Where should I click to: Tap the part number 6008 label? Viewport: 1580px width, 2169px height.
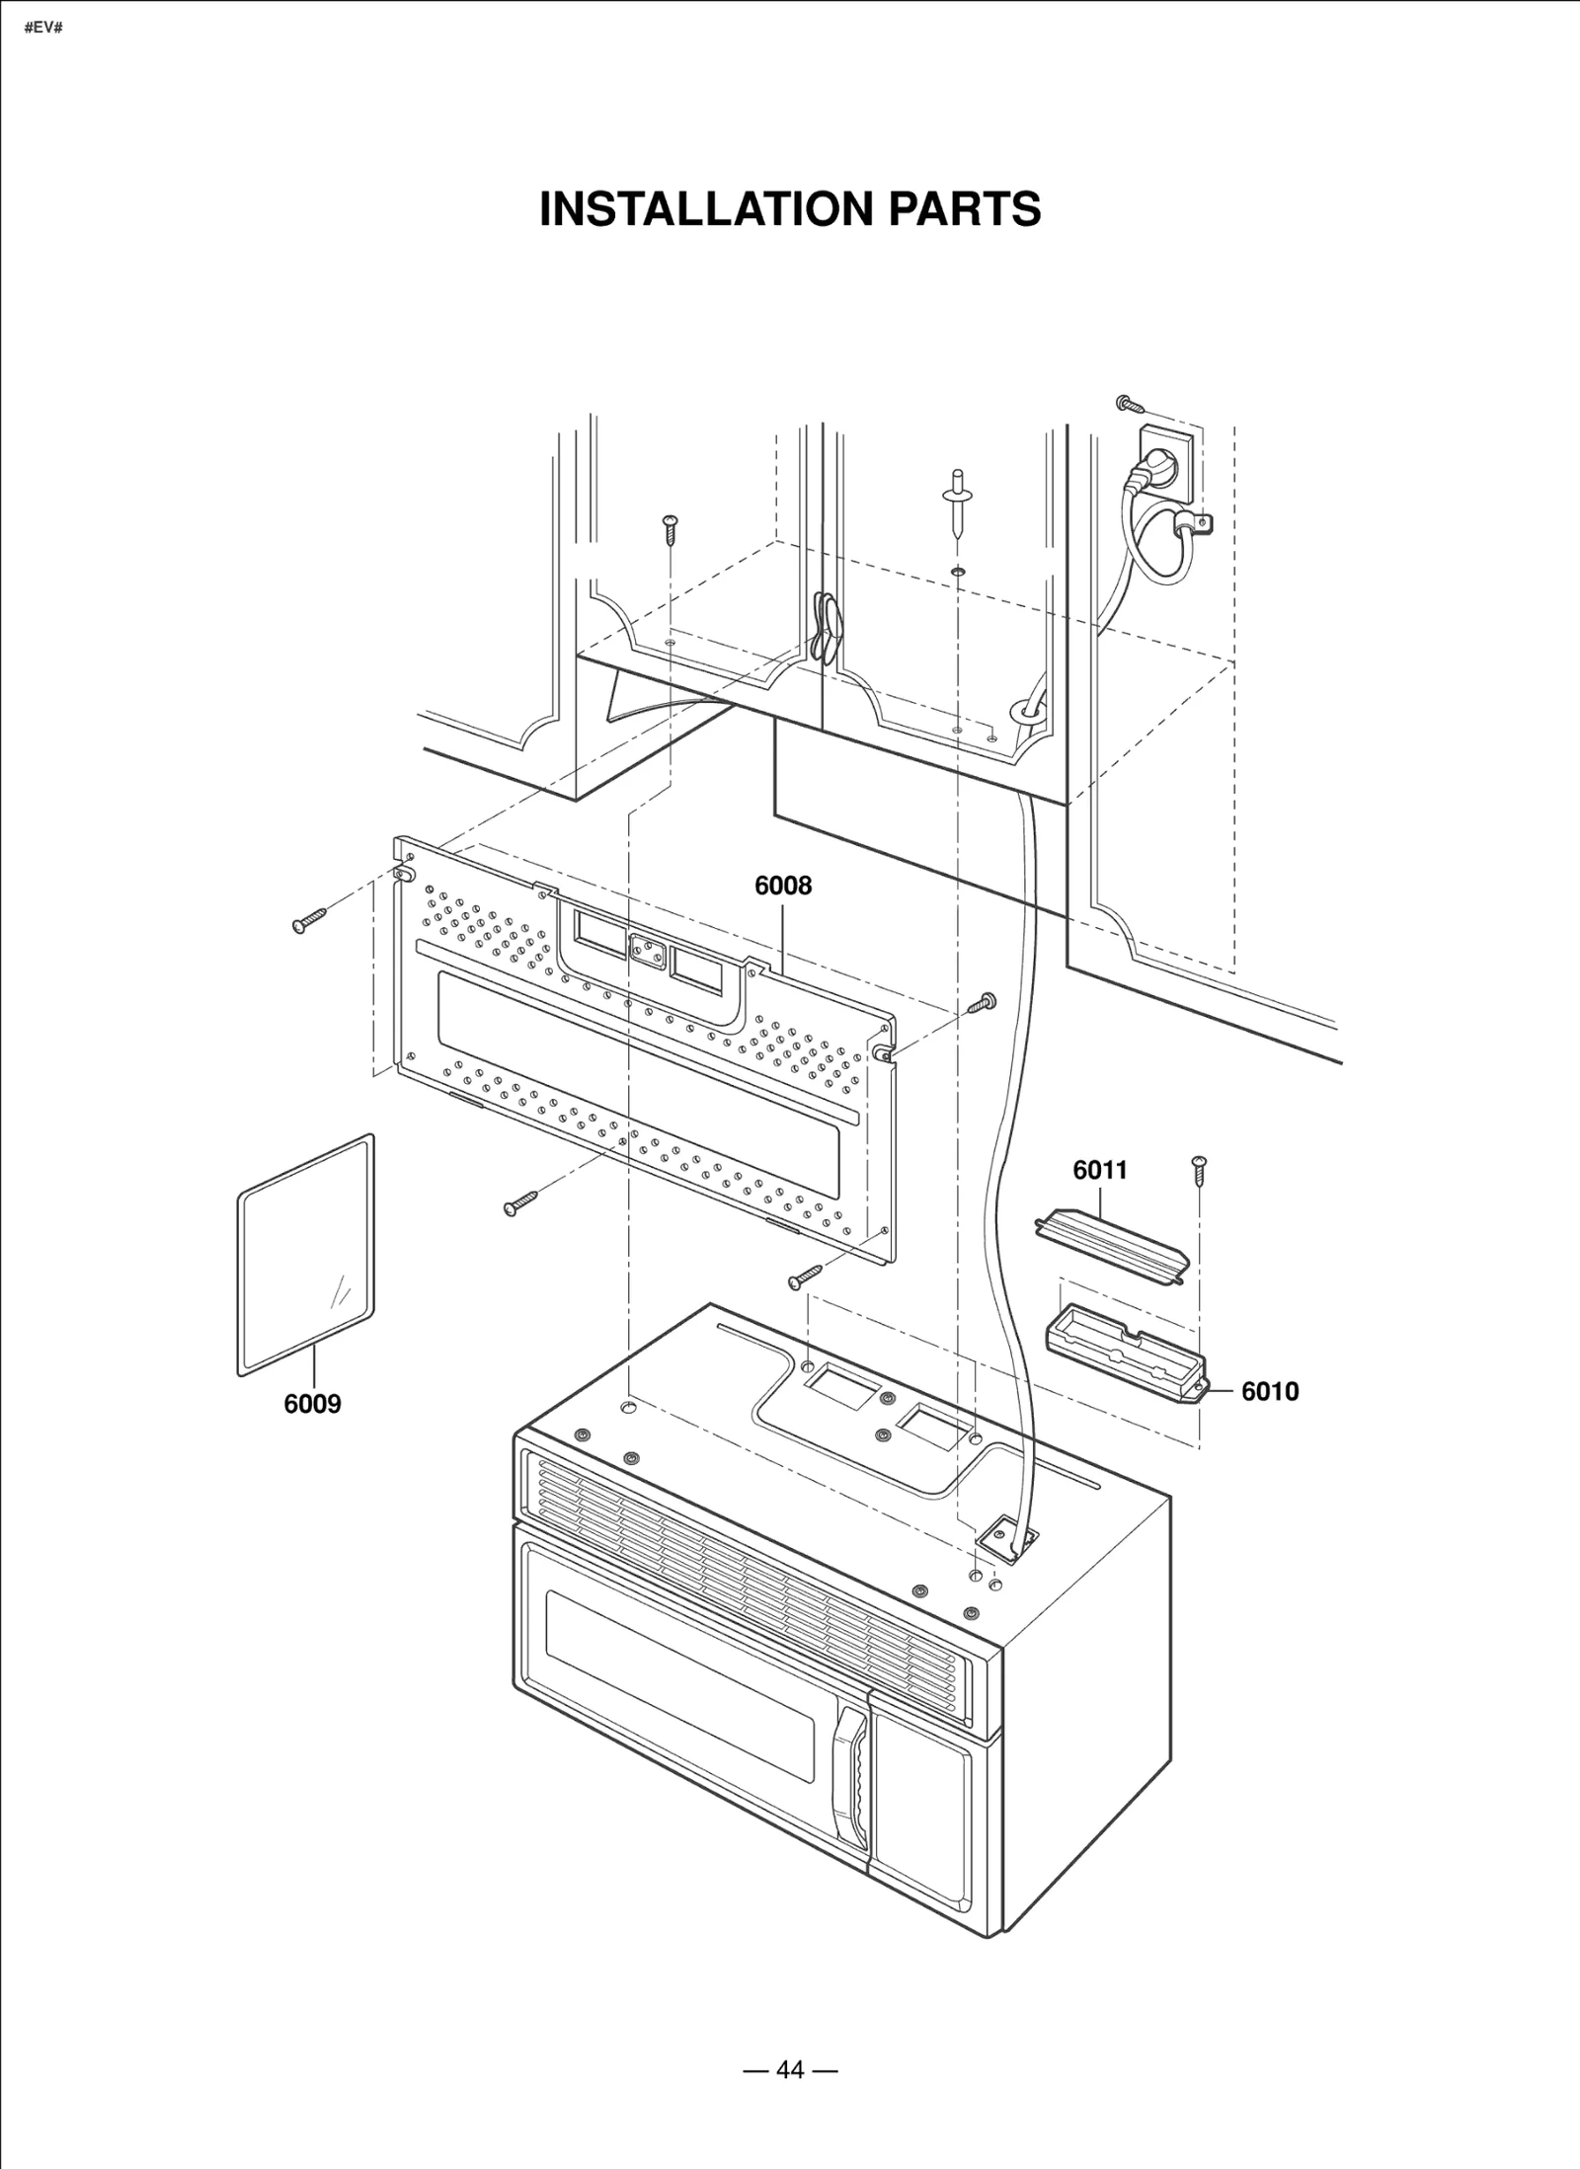[x=782, y=886]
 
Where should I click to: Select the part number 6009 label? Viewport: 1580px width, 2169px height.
[x=312, y=1404]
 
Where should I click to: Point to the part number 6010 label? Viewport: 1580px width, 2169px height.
[x=1269, y=1391]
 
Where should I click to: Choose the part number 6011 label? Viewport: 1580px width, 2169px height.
[x=1099, y=1170]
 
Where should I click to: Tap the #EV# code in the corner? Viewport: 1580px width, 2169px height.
[x=43, y=27]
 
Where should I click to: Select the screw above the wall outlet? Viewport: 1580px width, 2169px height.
[x=1130, y=403]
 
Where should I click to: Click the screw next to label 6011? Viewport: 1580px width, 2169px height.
[x=1199, y=1170]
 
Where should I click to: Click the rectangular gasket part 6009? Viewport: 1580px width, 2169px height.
[x=305, y=1256]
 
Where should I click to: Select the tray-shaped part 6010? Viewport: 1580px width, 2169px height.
[x=1125, y=1351]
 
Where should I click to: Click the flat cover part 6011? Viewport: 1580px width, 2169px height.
[x=1110, y=1244]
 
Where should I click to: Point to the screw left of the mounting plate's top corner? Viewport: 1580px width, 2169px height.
[x=308, y=921]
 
